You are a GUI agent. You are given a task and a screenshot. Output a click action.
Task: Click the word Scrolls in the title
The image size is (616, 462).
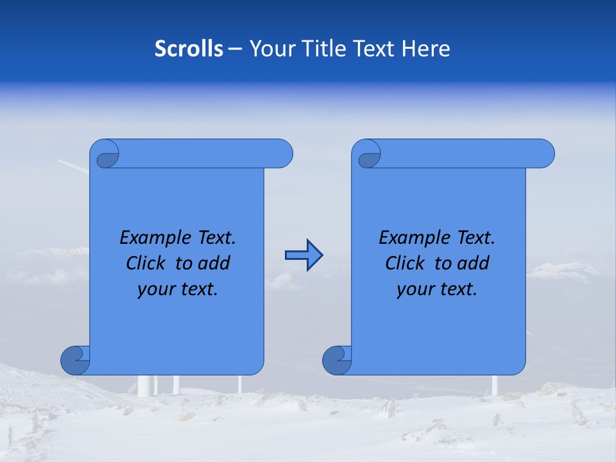click(189, 49)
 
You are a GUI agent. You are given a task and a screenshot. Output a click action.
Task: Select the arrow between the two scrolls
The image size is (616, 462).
click(304, 255)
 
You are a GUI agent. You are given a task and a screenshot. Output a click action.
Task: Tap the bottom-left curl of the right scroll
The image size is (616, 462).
click(337, 360)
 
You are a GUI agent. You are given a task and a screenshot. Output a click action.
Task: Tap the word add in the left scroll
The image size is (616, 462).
click(214, 263)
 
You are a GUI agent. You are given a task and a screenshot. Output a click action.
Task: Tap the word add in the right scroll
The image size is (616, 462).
click(474, 263)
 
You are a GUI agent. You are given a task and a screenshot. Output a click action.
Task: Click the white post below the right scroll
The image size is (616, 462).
click(495, 385)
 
